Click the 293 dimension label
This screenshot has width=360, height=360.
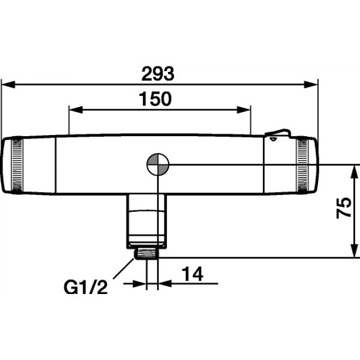tap(158, 74)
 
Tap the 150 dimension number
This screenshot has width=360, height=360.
tap(155, 99)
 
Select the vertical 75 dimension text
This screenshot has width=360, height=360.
tap(344, 208)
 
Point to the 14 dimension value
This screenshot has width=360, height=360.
tap(193, 274)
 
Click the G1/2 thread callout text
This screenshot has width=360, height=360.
tap(86, 287)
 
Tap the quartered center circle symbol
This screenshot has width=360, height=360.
tap(158, 164)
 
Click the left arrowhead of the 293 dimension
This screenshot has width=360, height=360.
tap(8, 85)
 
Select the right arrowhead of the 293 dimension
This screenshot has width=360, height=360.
tap(311, 85)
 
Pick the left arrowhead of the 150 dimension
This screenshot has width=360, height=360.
tap(76, 110)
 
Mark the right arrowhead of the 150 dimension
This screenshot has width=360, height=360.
tap(244, 110)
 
